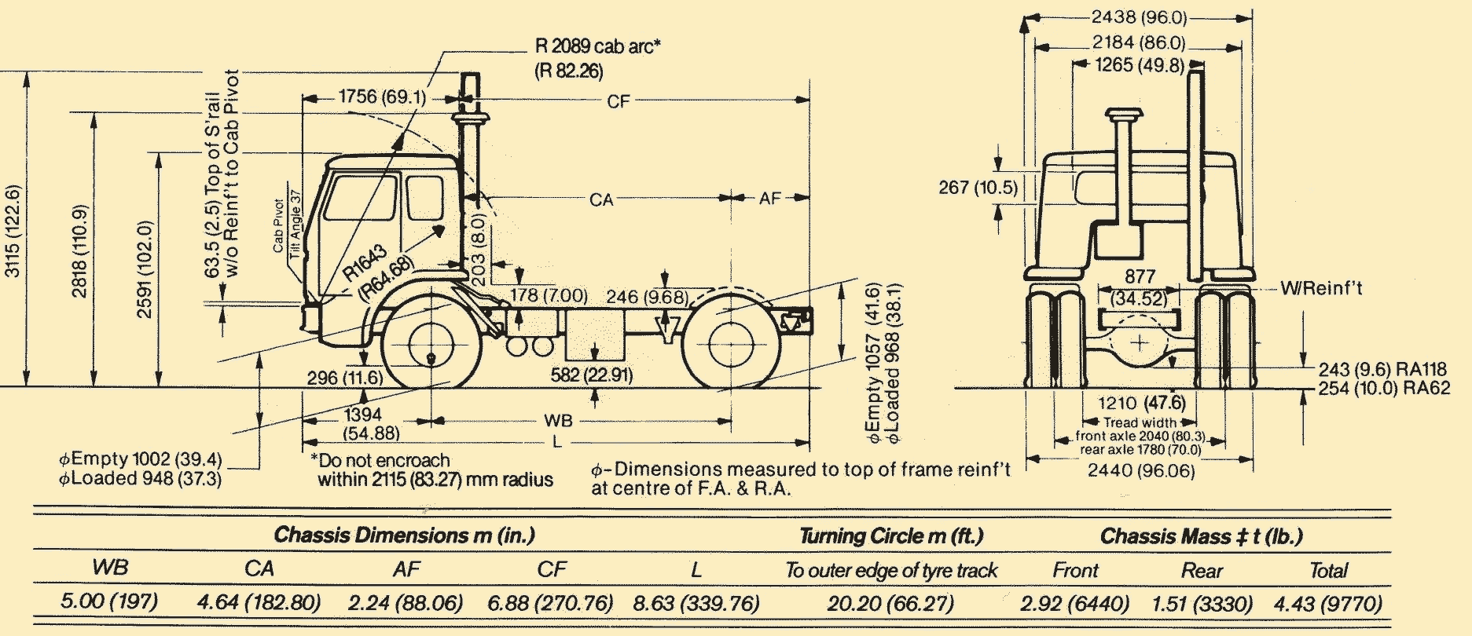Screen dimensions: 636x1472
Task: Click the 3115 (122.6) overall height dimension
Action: (x=13, y=230)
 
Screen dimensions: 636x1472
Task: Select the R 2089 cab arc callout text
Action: (x=597, y=47)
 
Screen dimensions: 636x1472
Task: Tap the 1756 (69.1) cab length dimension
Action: (x=382, y=97)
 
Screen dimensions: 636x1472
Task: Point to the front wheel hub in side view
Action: (x=431, y=345)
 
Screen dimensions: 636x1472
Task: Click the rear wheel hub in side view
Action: (x=731, y=344)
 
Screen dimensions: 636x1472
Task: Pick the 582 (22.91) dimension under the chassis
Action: (x=591, y=375)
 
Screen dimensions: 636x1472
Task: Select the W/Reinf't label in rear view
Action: (x=1321, y=288)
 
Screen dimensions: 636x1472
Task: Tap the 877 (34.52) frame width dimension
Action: (x=1140, y=287)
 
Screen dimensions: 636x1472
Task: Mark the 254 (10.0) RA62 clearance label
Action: (x=1383, y=388)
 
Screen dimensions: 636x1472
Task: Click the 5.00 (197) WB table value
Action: (x=109, y=601)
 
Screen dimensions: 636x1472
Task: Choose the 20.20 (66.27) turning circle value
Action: (x=890, y=603)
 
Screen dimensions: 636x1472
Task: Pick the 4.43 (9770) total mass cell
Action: (x=1327, y=604)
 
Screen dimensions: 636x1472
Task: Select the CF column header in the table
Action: (x=552, y=569)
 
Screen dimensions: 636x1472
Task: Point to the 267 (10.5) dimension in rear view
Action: (x=978, y=188)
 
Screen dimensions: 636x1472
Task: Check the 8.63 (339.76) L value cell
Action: (x=696, y=603)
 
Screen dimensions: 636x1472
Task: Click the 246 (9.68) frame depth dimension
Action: (x=646, y=297)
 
